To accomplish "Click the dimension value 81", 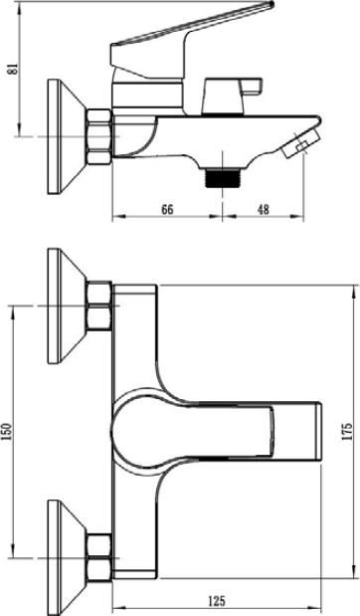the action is tap(14, 68).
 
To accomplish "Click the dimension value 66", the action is tap(167, 209).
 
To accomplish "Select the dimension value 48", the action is tap(263, 209).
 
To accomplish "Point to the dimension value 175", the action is tap(347, 431).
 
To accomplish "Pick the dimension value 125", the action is tap(217, 601).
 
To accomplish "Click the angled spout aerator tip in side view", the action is tap(301, 145).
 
